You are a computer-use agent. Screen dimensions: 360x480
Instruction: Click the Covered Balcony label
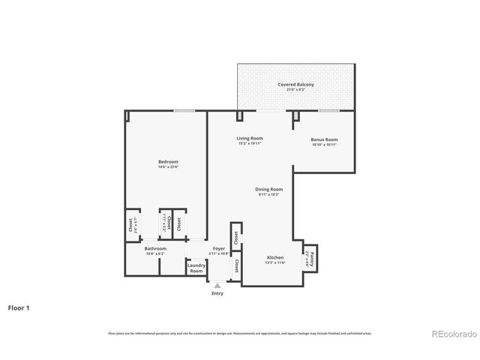point(295,85)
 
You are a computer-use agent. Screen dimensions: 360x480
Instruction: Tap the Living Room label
point(250,139)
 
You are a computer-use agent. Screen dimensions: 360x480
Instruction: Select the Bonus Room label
point(325,139)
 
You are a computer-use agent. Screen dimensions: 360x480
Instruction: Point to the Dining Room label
point(269,189)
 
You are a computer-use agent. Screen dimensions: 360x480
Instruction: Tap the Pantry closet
point(311,259)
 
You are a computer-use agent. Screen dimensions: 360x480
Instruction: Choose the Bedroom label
point(168,162)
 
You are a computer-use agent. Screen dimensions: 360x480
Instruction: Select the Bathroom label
point(155,248)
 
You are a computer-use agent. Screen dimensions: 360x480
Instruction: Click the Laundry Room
point(196,268)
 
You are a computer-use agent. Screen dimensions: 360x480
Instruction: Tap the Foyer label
point(219,248)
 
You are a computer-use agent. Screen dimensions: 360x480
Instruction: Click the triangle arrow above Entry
point(217,286)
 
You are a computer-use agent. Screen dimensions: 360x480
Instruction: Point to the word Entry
point(217,293)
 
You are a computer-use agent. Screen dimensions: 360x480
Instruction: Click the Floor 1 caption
point(19,307)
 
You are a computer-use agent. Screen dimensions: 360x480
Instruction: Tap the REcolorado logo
point(451,333)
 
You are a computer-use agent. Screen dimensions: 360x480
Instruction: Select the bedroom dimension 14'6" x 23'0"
point(168,167)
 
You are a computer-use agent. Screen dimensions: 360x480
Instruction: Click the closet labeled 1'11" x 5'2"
point(165,223)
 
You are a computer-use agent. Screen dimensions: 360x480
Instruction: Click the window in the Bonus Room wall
point(328,111)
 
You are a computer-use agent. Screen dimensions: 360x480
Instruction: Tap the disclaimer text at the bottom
point(239,333)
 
